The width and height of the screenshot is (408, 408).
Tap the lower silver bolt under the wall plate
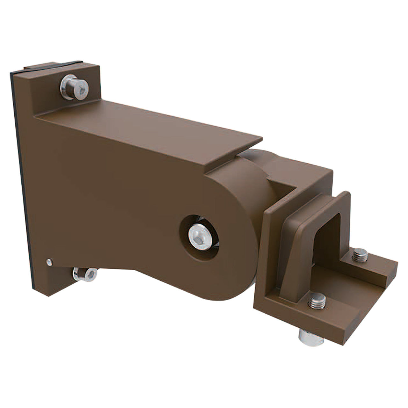pyautogui.click(x=85, y=274)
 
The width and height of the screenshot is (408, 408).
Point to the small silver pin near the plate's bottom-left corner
pyautogui.click(x=48, y=262)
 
